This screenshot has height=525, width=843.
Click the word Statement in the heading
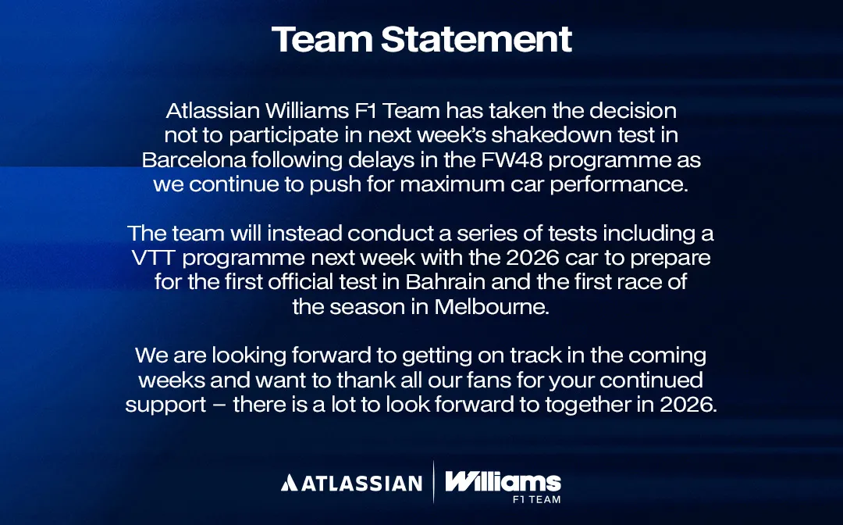(476, 39)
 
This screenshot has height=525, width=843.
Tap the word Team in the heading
(322, 39)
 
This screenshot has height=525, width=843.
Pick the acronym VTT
(154, 258)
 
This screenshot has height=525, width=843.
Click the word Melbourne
(492, 306)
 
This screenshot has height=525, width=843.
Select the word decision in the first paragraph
(633, 111)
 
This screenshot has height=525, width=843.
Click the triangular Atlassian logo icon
(289, 483)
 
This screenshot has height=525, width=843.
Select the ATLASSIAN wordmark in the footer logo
(362, 483)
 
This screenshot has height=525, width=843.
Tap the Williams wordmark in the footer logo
(503, 481)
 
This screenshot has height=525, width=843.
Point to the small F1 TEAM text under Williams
(536, 500)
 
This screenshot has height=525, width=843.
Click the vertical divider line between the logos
(434, 482)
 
